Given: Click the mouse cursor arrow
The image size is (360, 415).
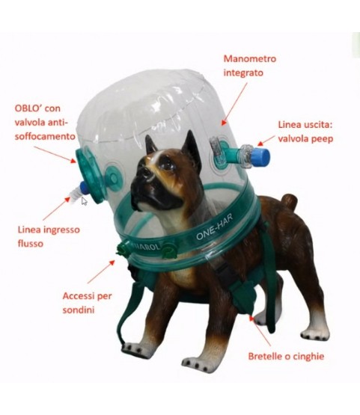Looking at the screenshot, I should coord(85,201).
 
